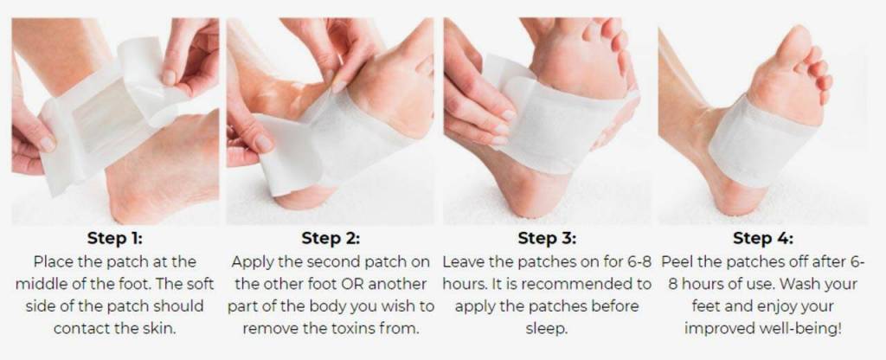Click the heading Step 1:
pyautogui.click(x=115, y=239)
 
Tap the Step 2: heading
pyautogui.click(x=331, y=239)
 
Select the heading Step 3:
pyautogui.click(x=547, y=239)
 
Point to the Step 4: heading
pyautogui.click(x=763, y=239)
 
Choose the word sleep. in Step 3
pyautogui.click(x=547, y=328)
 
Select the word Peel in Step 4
pyautogui.click(x=678, y=261)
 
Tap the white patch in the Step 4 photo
pyautogui.click(x=760, y=145)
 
